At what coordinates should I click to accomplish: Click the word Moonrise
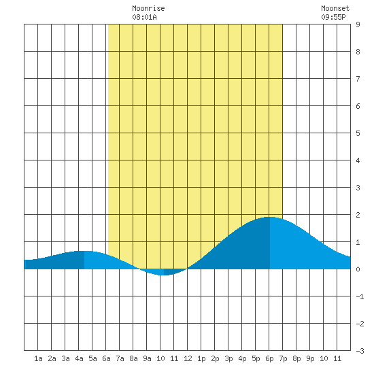click(x=148, y=8)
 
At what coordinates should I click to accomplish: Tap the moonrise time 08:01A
click(x=144, y=17)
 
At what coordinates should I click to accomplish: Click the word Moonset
click(x=335, y=8)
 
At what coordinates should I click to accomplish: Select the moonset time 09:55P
click(x=333, y=17)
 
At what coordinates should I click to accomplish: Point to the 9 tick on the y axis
click(x=358, y=24)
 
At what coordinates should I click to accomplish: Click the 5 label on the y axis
click(x=358, y=133)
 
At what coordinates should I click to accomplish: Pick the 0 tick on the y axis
click(x=358, y=269)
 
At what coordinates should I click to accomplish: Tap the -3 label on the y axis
click(x=360, y=351)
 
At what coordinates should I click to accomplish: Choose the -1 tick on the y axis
click(x=360, y=296)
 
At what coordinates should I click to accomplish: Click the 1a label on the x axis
click(x=38, y=358)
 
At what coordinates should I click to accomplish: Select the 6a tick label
click(x=106, y=358)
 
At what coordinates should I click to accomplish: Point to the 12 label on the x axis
click(x=188, y=358)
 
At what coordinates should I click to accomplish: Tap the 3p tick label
click(x=228, y=358)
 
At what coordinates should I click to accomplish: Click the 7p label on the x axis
click(x=283, y=358)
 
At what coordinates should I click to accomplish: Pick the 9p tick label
click(x=310, y=358)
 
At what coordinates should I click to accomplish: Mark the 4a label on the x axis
click(x=79, y=358)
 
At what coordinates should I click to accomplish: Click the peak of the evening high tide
click(x=270, y=217)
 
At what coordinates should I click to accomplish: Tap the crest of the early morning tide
click(x=84, y=251)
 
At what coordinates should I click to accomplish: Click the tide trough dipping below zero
click(x=164, y=275)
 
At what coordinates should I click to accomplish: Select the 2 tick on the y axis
click(x=358, y=215)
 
